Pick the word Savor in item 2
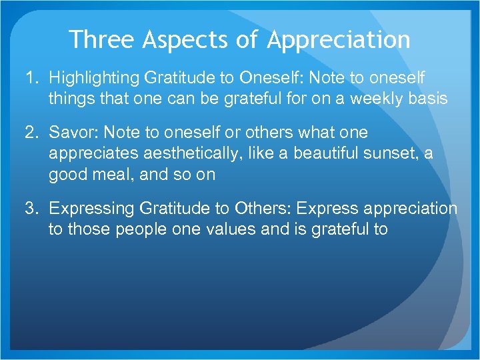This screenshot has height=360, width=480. [69, 133]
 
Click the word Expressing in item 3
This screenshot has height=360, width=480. [92, 209]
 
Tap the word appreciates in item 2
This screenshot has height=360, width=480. [91, 155]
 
